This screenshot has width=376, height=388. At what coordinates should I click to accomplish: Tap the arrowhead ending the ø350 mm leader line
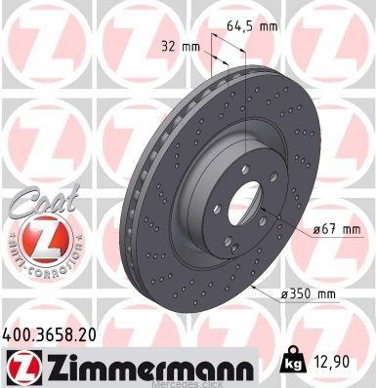251,289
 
